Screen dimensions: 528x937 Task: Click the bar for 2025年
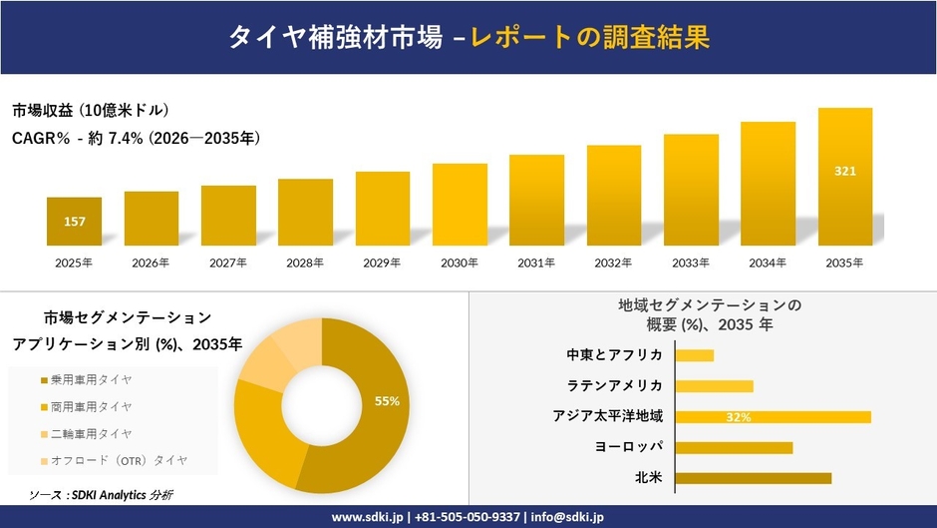[x=74, y=222]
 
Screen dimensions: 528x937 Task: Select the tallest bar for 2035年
[x=845, y=177]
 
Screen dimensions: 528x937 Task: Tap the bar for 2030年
[x=460, y=205]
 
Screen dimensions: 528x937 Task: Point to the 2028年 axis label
[x=305, y=264]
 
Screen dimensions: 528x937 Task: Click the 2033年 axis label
[x=691, y=264]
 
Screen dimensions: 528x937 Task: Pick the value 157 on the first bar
[x=74, y=221]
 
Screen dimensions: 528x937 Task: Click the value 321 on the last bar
[x=845, y=171]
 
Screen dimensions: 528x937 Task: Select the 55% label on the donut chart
[x=387, y=401]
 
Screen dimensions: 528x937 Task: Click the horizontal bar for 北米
[x=754, y=478]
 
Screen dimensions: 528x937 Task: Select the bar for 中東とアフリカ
[x=695, y=355]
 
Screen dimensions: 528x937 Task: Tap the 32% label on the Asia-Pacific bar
[x=739, y=417]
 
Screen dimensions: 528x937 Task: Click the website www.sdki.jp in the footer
[x=368, y=517]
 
